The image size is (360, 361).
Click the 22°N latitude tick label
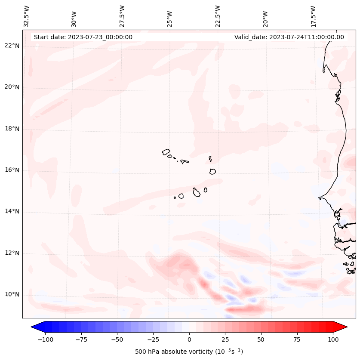[x=12, y=46]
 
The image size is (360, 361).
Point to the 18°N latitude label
[x=12, y=129]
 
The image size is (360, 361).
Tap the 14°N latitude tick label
[x=12, y=212]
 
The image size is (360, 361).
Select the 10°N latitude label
[x=12, y=295]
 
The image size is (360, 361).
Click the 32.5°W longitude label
[x=27, y=16]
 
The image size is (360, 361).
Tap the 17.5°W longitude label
[x=313, y=16]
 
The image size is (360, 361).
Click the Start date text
[x=83, y=37]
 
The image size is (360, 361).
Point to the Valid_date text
[x=289, y=37]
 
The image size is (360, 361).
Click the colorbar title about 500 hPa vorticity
[x=189, y=352]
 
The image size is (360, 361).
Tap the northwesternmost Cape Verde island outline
[x=166, y=152]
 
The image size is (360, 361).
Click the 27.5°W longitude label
[x=122, y=16]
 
